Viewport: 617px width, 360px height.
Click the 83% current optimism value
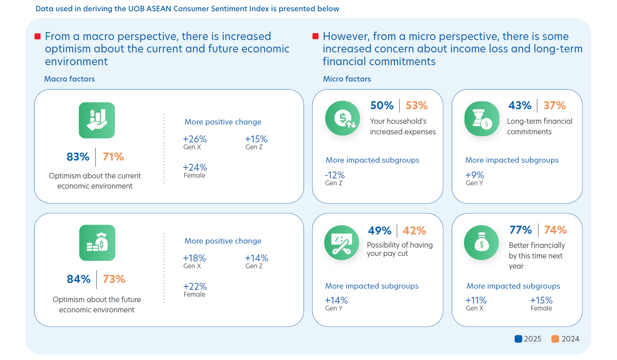(x=78, y=157)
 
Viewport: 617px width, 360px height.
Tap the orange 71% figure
(x=113, y=157)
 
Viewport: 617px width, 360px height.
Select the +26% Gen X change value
(x=195, y=139)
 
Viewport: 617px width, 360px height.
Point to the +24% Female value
(x=195, y=167)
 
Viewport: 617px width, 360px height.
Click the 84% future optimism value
(x=79, y=279)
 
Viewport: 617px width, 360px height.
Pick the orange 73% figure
(x=114, y=279)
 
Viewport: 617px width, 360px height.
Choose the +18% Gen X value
(x=194, y=258)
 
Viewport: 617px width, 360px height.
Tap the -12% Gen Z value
(x=335, y=175)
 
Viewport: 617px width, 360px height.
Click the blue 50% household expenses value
(x=382, y=106)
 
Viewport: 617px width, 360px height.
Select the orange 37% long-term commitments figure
(x=554, y=106)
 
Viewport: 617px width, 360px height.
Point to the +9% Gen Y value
(x=475, y=175)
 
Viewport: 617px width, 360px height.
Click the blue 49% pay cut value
(x=380, y=231)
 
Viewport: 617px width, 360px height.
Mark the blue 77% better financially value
(x=521, y=230)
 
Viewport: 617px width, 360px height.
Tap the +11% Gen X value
(x=476, y=300)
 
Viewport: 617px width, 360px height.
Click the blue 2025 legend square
(x=518, y=339)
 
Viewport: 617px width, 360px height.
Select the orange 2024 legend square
(x=555, y=339)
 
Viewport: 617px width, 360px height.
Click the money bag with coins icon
(x=97, y=243)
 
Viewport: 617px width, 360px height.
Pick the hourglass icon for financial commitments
(x=482, y=119)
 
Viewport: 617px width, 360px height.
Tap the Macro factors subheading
(x=70, y=79)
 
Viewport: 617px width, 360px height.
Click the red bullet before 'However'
(x=316, y=36)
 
